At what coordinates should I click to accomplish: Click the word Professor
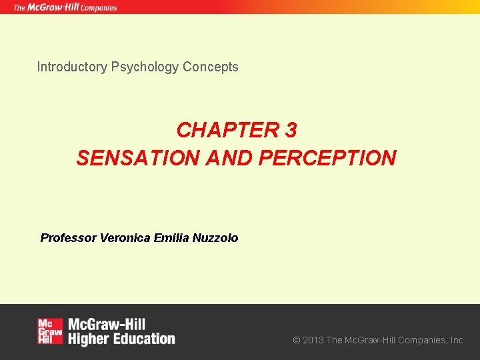(69, 238)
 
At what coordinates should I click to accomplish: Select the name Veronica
(125, 238)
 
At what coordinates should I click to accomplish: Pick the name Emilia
(171, 238)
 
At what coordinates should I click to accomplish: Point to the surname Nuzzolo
(215, 238)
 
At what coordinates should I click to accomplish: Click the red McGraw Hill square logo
(50, 331)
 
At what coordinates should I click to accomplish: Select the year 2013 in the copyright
(313, 340)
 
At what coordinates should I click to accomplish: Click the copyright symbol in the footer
(297, 340)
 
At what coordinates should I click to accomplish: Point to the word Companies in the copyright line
(422, 340)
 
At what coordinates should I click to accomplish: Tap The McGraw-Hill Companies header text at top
(65, 7)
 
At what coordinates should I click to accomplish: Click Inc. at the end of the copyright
(458, 340)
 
